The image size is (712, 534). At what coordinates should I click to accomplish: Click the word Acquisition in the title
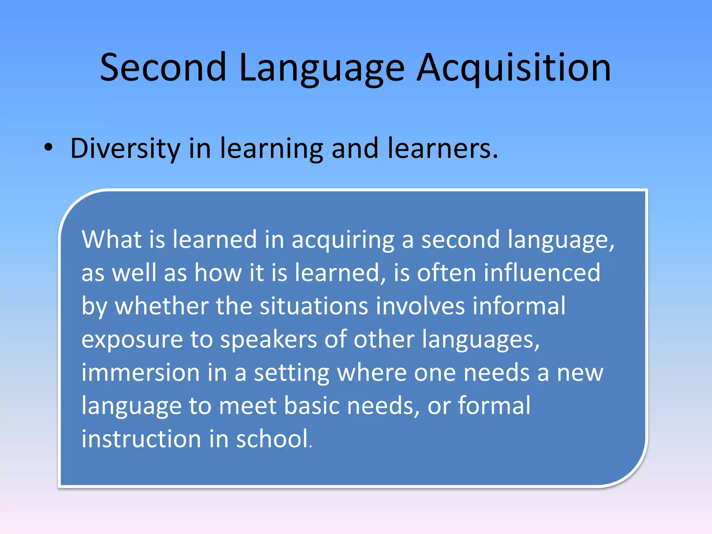(x=513, y=68)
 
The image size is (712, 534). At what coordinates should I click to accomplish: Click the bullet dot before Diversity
(x=49, y=148)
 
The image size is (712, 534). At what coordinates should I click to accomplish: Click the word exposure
(x=132, y=340)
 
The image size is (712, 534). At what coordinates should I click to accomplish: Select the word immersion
(x=140, y=372)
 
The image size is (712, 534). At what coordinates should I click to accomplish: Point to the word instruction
(x=141, y=439)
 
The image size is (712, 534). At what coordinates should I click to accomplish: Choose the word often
(x=446, y=273)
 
